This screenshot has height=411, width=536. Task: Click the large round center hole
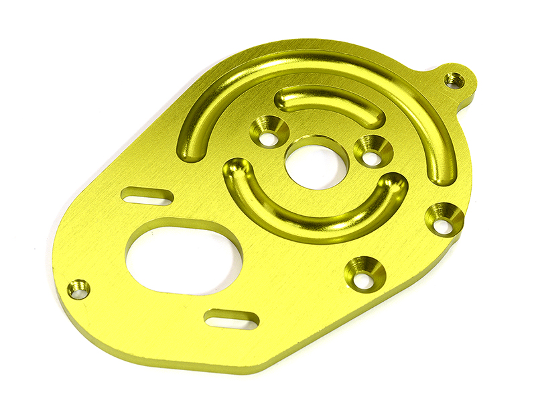[x=316, y=163]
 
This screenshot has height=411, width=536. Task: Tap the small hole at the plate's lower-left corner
[x=78, y=290]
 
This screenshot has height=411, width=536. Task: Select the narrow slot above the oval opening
[x=147, y=196]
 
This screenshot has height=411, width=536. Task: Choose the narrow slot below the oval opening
[x=230, y=319]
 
